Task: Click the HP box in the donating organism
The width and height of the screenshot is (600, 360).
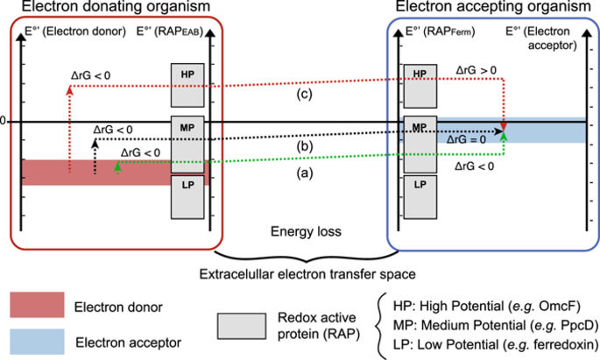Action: click(x=187, y=85)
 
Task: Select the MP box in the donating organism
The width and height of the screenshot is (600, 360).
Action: click(x=187, y=145)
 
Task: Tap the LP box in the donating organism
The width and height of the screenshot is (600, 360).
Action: click(x=187, y=197)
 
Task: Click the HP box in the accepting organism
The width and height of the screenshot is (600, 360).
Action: click(x=420, y=86)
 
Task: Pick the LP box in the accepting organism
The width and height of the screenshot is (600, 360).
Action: click(x=420, y=197)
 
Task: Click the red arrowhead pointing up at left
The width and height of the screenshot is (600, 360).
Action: click(x=70, y=90)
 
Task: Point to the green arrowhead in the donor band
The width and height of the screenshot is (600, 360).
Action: click(x=117, y=166)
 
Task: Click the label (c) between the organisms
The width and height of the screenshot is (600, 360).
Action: click(x=305, y=94)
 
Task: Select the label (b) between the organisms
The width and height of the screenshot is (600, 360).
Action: click(x=305, y=146)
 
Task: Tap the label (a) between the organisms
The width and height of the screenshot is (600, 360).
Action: click(x=305, y=173)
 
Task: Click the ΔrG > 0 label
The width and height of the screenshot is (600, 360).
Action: click(x=476, y=70)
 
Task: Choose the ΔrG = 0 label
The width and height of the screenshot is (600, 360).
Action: click(x=466, y=139)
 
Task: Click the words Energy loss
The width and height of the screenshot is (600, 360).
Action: click(x=306, y=231)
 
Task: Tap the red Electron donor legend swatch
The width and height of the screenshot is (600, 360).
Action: click(x=37, y=305)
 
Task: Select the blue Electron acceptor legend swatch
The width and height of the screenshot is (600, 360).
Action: click(x=37, y=342)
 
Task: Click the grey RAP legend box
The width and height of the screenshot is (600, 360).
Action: click(x=242, y=326)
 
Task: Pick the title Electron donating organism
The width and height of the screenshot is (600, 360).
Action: click(x=116, y=6)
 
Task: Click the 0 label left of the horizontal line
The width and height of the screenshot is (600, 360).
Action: click(x=3, y=121)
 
